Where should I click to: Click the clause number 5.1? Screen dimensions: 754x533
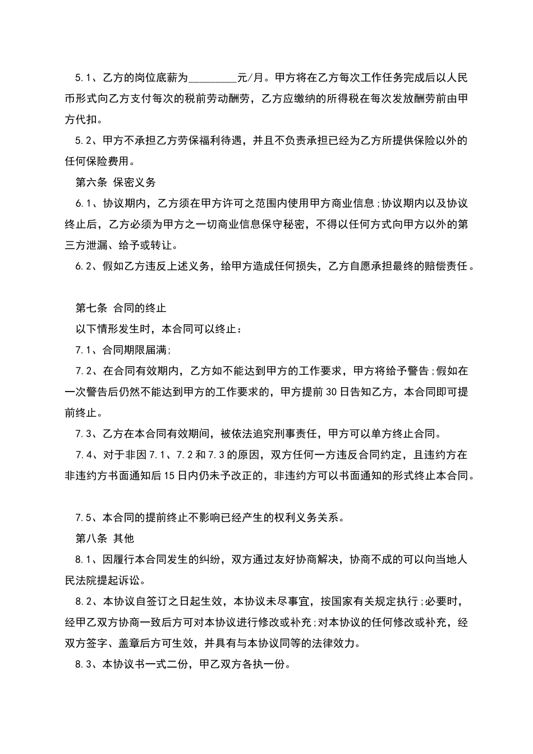(x=84, y=77)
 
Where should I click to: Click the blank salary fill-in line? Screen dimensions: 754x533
(x=213, y=79)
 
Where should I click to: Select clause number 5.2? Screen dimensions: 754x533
(x=84, y=140)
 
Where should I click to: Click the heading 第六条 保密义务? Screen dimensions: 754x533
(x=116, y=182)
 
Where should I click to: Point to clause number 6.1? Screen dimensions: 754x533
(x=84, y=203)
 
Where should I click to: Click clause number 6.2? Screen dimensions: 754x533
(x=84, y=266)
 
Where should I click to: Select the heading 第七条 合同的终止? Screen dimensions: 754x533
(x=121, y=308)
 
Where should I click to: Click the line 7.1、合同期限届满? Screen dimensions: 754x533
(x=123, y=350)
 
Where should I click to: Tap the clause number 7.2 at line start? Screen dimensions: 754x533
(x=84, y=371)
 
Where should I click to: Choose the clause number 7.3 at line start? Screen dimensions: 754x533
(x=84, y=434)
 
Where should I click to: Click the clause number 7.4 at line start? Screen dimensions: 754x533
(x=84, y=454)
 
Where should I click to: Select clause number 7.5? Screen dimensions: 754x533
(x=84, y=517)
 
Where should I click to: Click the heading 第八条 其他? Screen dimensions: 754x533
(x=105, y=538)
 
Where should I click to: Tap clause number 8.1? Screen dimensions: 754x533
(x=84, y=559)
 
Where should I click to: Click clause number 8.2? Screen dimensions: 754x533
(x=84, y=601)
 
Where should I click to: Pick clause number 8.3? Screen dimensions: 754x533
(x=84, y=664)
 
